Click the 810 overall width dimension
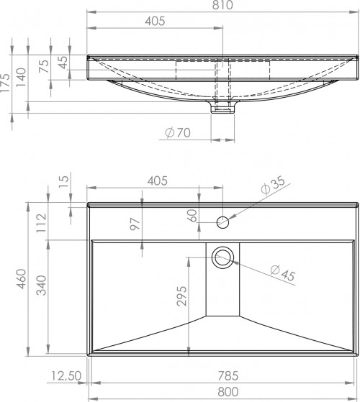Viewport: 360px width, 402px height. (222, 5)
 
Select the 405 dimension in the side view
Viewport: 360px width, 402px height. (155, 21)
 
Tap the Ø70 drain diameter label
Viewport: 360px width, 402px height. (178, 132)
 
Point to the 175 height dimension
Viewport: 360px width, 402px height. (5, 83)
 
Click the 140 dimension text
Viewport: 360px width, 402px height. (21, 77)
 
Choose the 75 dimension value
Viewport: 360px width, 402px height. (44, 66)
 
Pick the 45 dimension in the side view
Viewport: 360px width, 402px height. (63, 63)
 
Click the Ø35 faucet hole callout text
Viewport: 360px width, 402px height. (273, 185)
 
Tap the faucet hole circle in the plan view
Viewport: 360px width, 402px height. (222, 222)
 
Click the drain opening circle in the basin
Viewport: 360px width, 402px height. (222, 257)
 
